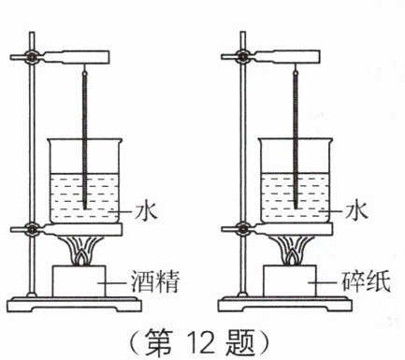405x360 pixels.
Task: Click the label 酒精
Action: [155, 282]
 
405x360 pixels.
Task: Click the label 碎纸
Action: [366, 282]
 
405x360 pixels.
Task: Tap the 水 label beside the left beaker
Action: [146, 212]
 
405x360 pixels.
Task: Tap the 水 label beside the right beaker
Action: [357, 212]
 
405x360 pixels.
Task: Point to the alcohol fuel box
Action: [80, 281]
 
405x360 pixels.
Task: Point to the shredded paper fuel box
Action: [290, 281]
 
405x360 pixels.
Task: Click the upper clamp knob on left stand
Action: [32, 57]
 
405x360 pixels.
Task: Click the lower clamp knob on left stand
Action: [32, 229]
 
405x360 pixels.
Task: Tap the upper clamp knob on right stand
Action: [242, 57]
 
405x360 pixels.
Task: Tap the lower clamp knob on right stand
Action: [242, 229]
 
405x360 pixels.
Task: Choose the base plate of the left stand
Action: [74, 304]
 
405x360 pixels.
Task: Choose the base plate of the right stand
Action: [285, 304]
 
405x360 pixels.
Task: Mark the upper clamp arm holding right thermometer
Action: [284, 57]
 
